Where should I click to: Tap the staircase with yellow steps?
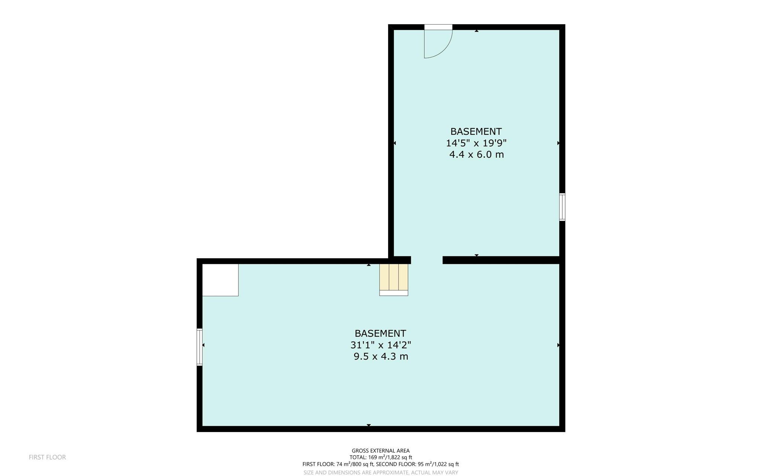pyautogui.click(x=394, y=277)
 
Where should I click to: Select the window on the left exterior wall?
pyautogui.click(x=199, y=347)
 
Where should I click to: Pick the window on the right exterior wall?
pyautogui.click(x=562, y=207)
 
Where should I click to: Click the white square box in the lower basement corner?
pyautogui.click(x=220, y=280)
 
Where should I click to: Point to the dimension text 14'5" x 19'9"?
pyautogui.click(x=476, y=143)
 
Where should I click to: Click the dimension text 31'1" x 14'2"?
pyautogui.click(x=381, y=345)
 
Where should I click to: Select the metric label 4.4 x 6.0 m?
pyautogui.click(x=476, y=154)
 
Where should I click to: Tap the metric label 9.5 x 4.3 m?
pyautogui.click(x=381, y=357)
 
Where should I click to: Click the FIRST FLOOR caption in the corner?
pyautogui.click(x=47, y=457)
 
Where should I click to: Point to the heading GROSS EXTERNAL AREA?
pyautogui.click(x=381, y=451)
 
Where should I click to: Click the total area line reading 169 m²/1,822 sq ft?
pyautogui.click(x=381, y=457)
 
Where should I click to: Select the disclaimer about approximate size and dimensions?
pyautogui.click(x=381, y=473)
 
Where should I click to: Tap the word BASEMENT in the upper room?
pyautogui.click(x=476, y=131)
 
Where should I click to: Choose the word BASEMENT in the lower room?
pyautogui.click(x=380, y=333)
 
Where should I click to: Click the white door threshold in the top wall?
pyautogui.click(x=438, y=27)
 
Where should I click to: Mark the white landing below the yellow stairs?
pyautogui.click(x=394, y=293)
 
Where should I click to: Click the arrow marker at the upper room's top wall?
pyautogui.click(x=477, y=31)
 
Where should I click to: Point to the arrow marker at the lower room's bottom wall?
pyautogui.click(x=369, y=425)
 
